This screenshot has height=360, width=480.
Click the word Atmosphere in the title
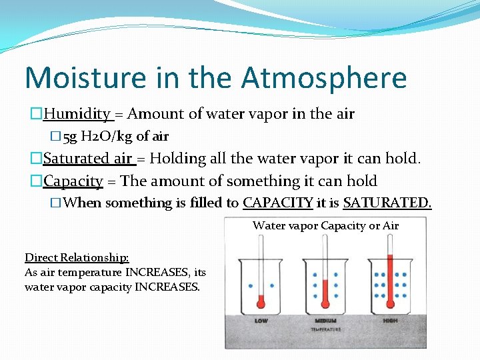pyautogui.click(x=324, y=77)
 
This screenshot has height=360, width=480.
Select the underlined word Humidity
pyautogui.click(x=77, y=114)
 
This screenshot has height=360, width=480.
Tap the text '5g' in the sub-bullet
pyautogui.click(x=69, y=137)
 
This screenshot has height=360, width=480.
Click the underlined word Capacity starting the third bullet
pyautogui.click(x=73, y=181)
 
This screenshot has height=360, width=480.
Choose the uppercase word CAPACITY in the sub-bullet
pyautogui.click(x=277, y=203)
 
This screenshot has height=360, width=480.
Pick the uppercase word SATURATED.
pyautogui.click(x=387, y=203)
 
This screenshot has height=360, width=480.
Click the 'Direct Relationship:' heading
pyautogui.click(x=77, y=257)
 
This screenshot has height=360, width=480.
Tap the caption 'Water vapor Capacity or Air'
pyautogui.click(x=325, y=225)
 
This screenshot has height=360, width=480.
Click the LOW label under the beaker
pyautogui.click(x=262, y=321)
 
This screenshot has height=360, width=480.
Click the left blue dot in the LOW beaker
pyautogui.click(x=251, y=286)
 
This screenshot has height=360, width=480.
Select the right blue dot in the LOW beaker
pyautogui.click(x=273, y=286)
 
